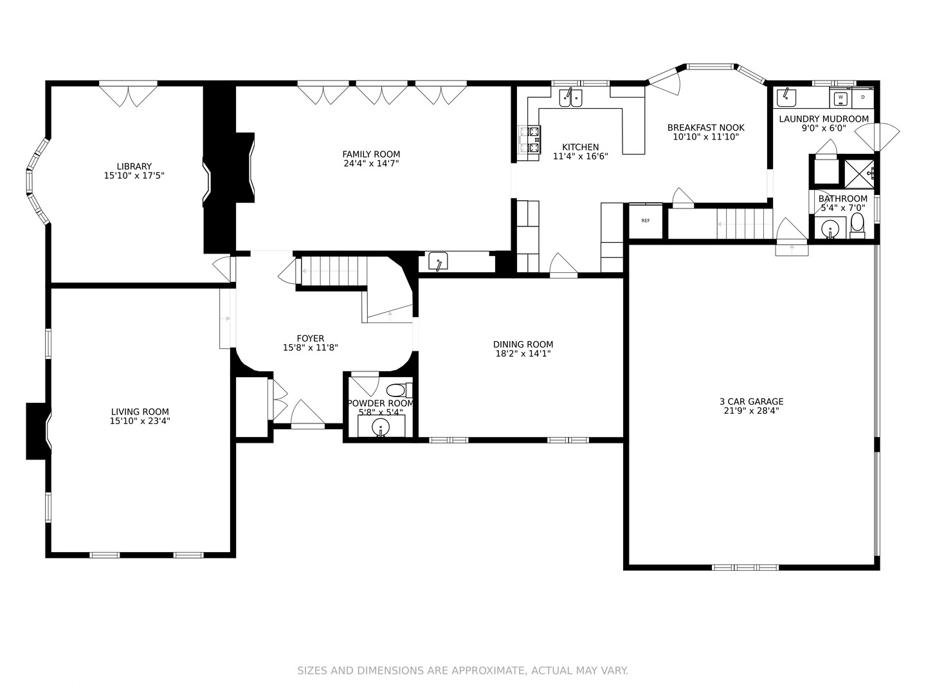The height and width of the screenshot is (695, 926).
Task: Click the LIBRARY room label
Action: pyautogui.click(x=134, y=167)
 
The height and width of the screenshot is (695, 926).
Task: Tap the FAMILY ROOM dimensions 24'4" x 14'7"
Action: pyautogui.click(x=371, y=163)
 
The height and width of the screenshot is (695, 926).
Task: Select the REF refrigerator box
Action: pyautogui.click(x=645, y=221)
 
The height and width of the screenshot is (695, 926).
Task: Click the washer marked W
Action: pyautogui.click(x=840, y=98)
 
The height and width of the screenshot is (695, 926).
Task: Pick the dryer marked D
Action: pyautogui.click(x=863, y=98)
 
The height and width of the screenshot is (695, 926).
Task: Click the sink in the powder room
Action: pyautogui.click(x=381, y=427)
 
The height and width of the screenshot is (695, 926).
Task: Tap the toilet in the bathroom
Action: pyautogui.click(x=857, y=225)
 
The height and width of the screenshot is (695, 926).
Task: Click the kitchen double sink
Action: pyautogui.click(x=570, y=98)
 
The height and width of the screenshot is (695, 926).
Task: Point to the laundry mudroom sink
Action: pyautogui.click(x=786, y=97)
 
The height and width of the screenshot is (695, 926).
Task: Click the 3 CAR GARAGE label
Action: pyautogui.click(x=751, y=402)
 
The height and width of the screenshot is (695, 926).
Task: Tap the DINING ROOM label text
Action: pyautogui.click(x=523, y=344)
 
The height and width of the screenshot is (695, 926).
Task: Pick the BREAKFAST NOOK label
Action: pyautogui.click(x=705, y=128)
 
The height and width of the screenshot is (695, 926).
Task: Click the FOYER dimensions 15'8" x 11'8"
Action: pyautogui.click(x=311, y=347)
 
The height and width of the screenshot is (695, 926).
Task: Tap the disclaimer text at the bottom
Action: pyautogui.click(x=462, y=671)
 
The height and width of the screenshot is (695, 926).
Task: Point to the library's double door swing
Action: pyautogui.click(x=128, y=95)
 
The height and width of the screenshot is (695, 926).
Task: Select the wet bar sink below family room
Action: pyautogui.click(x=438, y=262)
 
